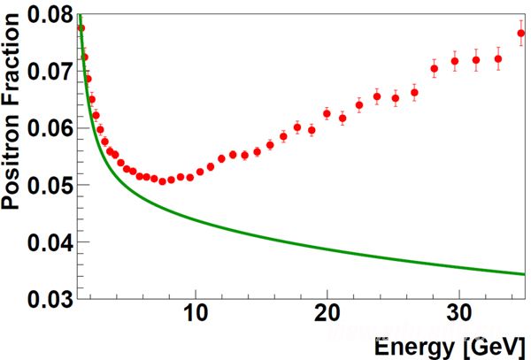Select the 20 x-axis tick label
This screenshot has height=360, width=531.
click(327, 315)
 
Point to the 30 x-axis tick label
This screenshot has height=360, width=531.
click(458, 315)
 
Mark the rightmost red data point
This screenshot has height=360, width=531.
click(521, 34)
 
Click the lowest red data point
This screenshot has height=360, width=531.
click(162, 181)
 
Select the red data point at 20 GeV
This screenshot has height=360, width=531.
click(327, 113)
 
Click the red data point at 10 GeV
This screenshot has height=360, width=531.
click(200, 171)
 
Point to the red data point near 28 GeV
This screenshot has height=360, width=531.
click(435, 68)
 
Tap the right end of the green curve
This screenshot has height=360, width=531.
click(525, 273)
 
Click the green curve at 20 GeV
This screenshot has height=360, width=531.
click(327, 247)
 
